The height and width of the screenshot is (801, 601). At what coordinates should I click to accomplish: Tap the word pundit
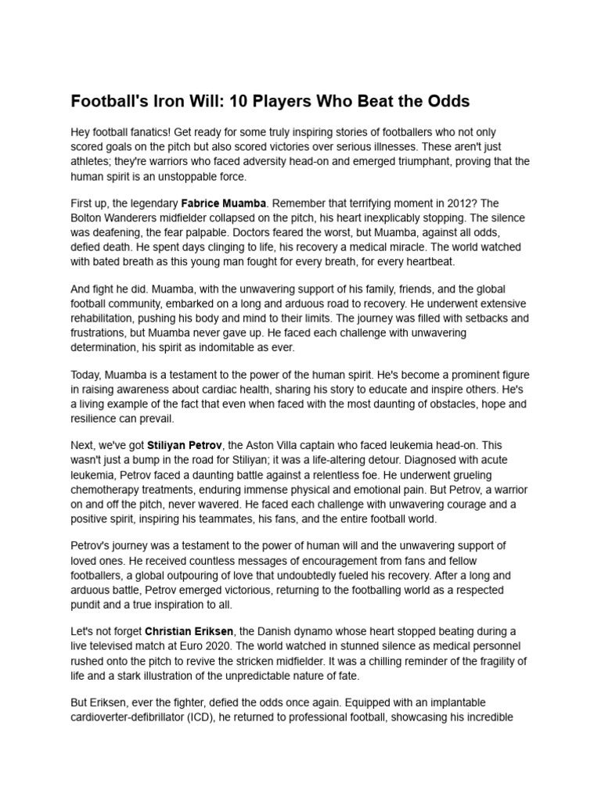coord(88,604)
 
